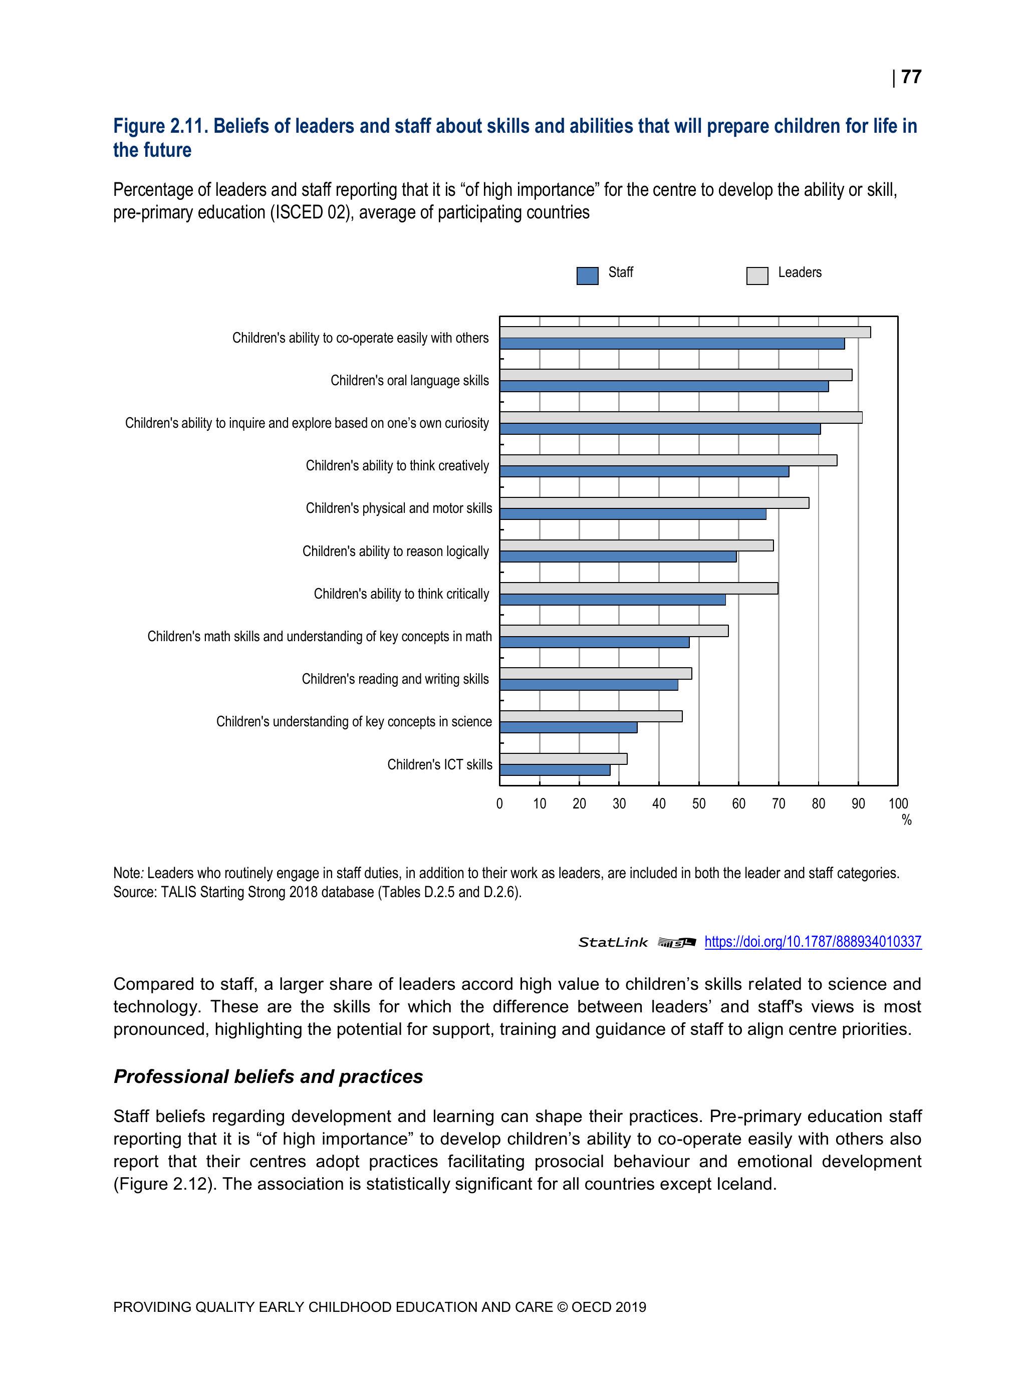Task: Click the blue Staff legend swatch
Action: [587, 275]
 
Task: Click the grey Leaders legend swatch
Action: [757, 275]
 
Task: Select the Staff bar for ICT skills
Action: [555, 770]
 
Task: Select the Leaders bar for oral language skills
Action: [676, 375]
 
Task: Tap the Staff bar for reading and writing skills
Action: [588, 685]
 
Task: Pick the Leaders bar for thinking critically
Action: [638, 588]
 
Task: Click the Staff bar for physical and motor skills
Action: [633, 514]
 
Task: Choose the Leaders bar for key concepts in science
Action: [591, 716]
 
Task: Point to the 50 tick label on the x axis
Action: [699, 804]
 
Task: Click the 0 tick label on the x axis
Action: [499, 804]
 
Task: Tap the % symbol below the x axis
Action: [907, 820]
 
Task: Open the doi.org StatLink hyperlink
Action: [813, 942]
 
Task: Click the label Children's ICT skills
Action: [440, 765]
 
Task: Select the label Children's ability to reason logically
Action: [395, 551]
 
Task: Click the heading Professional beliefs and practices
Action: [268, 1076]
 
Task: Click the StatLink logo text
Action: [613, 943]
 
